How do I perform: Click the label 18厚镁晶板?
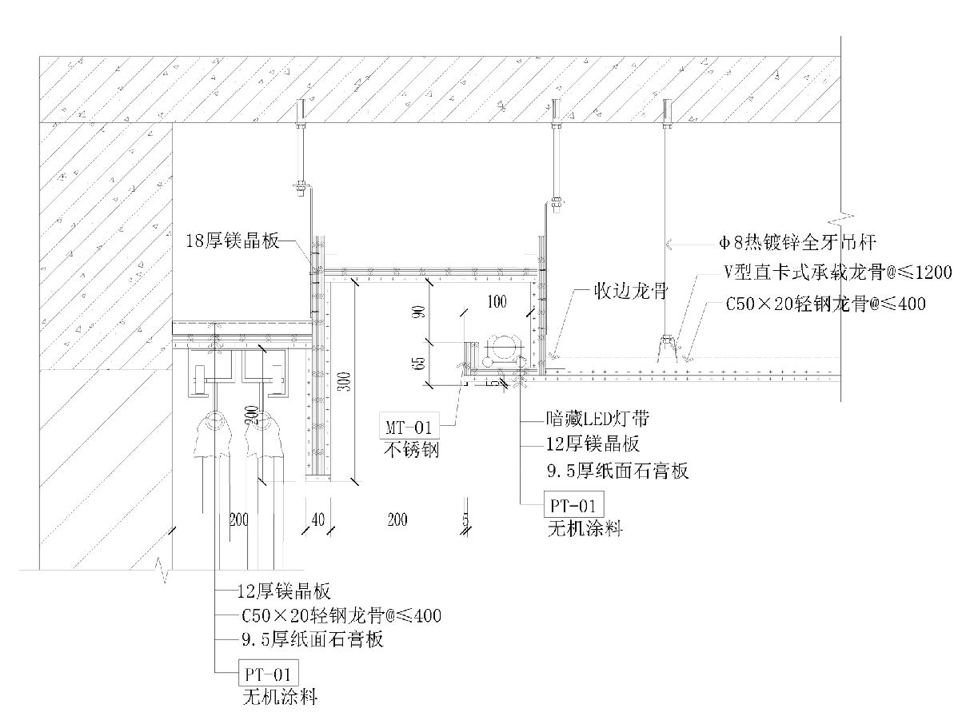pyautogui.click(x=233, y=241)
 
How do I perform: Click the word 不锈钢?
pyautogui.click(x=412, y=450)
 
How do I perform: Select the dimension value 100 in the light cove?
pyautogui.click(x=497, y=301)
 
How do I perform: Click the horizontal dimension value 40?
pyautogui.click(x=317, y=520)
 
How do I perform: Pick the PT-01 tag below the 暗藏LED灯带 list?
pyautogui.click(x=573, y=505)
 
